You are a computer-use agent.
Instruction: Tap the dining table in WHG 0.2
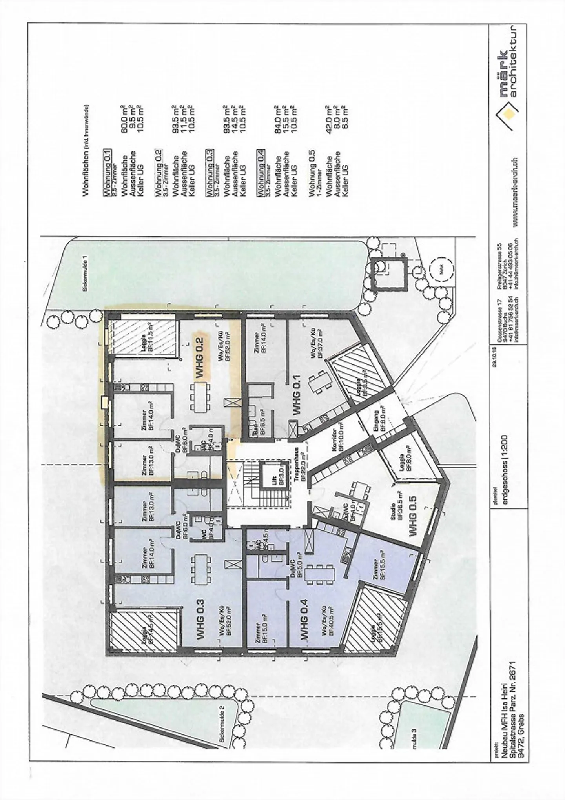(201, 397)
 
